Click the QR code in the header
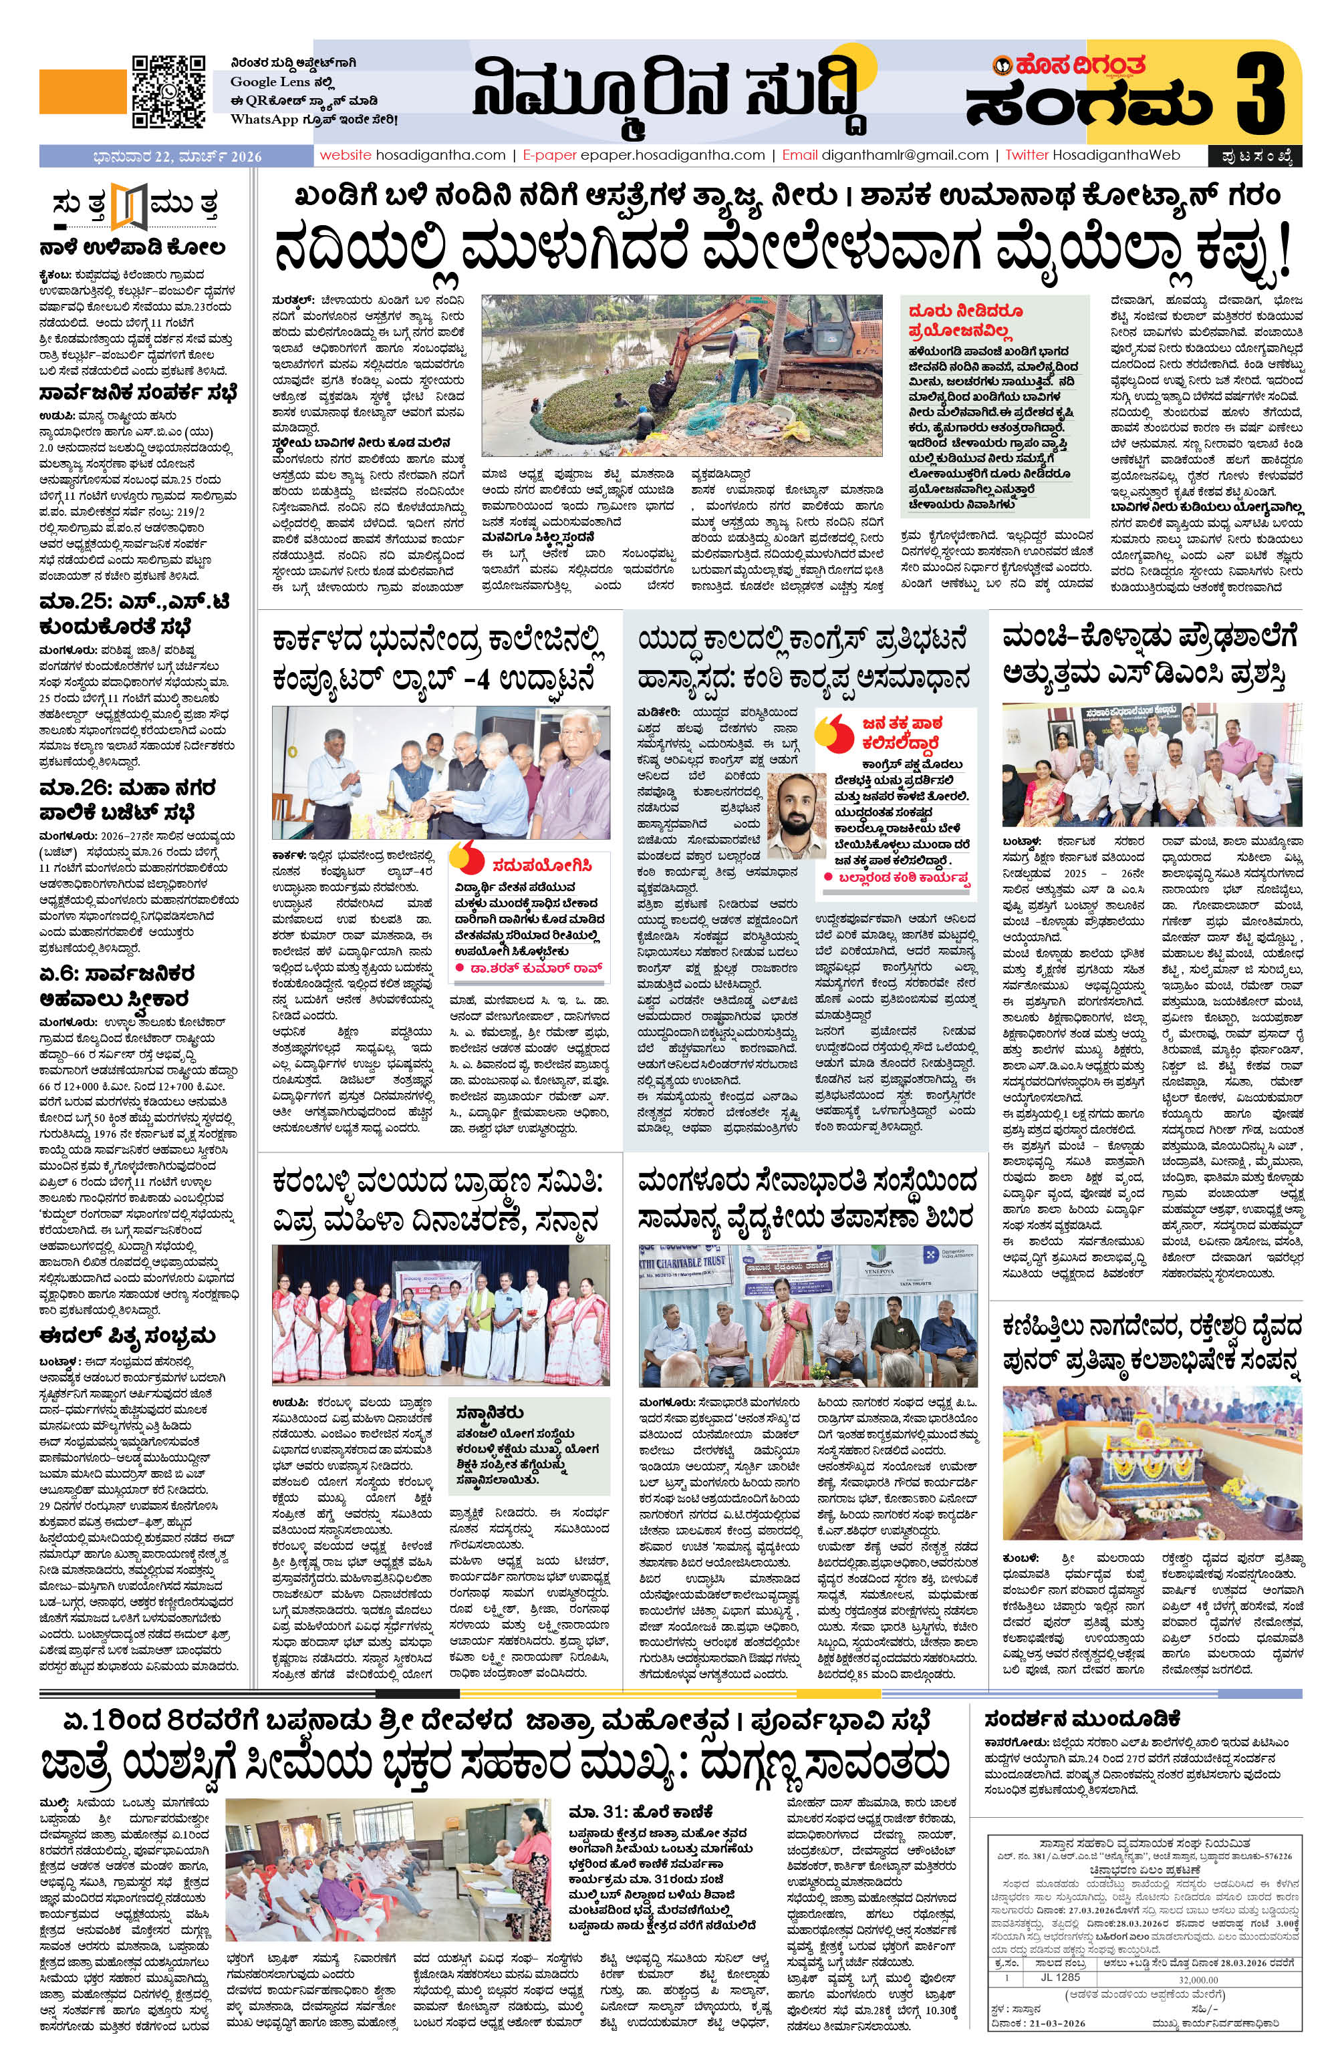click(169, 90)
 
